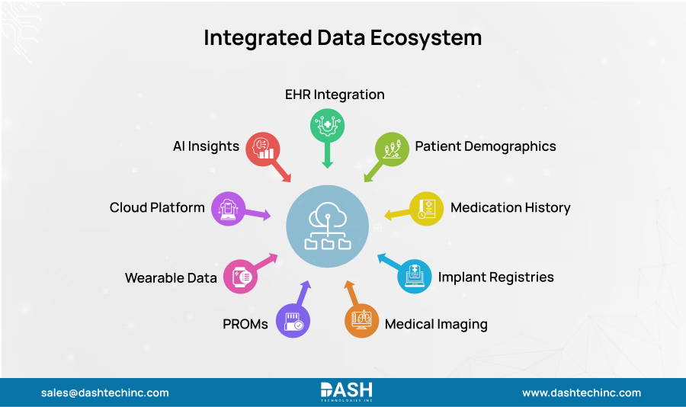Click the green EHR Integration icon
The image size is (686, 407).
(x=327, y=125)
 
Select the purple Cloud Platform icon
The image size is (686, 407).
(x=227, y=207)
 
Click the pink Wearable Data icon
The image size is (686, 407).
(x=239, y=277)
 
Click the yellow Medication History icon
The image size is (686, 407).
(x=427, y=207)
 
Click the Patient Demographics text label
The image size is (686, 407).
(x=486, y=146)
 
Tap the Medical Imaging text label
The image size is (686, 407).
(x=436, y=324)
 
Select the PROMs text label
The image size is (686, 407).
(x=245, y=324)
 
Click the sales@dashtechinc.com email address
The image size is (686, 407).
(x=105, y=393)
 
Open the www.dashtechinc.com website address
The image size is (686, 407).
(x=581, y=393)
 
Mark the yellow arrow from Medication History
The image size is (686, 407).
(x=396, y=214)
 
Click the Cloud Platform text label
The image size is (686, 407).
(x=157, y=207)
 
